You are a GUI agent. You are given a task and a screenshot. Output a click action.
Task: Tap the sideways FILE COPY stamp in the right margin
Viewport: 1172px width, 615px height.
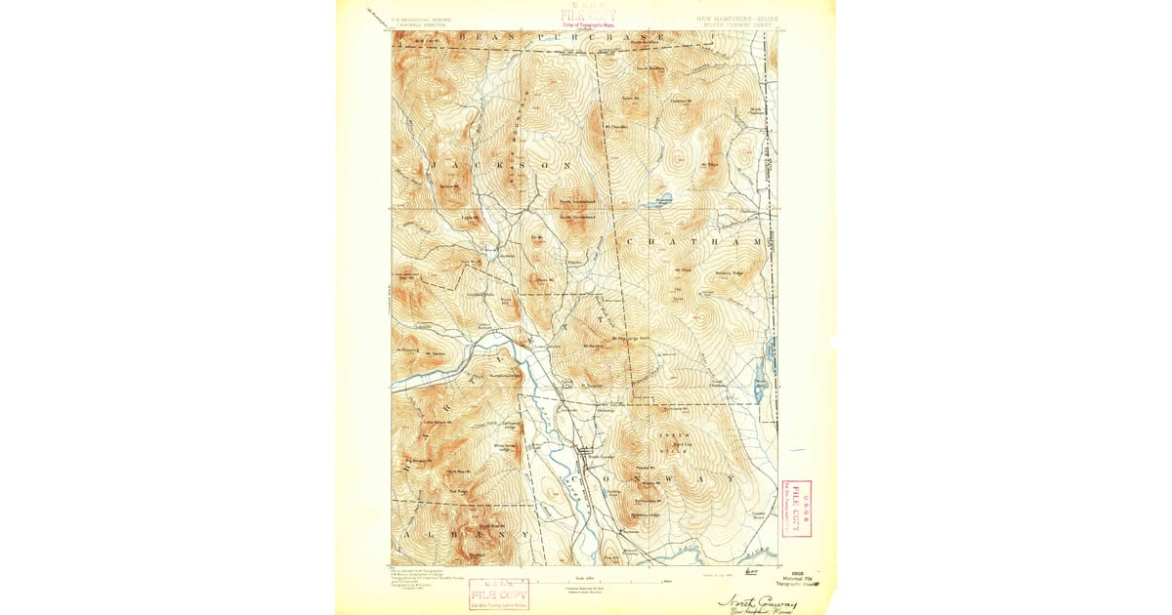click(x=795, y=509)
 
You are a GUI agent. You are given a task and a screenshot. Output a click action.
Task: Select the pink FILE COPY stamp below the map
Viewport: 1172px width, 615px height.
click(x=499, y=593)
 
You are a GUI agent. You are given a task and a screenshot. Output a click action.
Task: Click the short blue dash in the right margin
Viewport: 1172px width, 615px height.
click(x=797, y=450)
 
